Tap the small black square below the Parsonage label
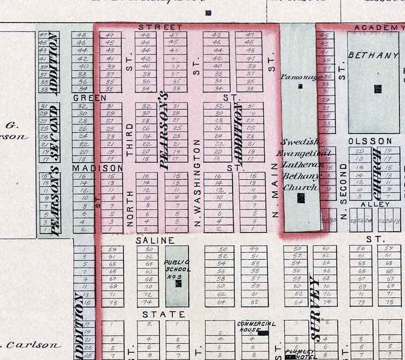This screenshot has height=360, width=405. click(300, 86)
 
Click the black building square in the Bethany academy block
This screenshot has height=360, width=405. click(378, 88)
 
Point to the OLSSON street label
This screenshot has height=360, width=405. click(370, 141)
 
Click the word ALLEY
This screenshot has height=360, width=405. click(375, 204)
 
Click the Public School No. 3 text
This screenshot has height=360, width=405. click(177, 269)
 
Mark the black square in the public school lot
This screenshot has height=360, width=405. click(179, 283)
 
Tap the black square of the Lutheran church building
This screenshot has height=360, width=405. click(301, 198)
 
